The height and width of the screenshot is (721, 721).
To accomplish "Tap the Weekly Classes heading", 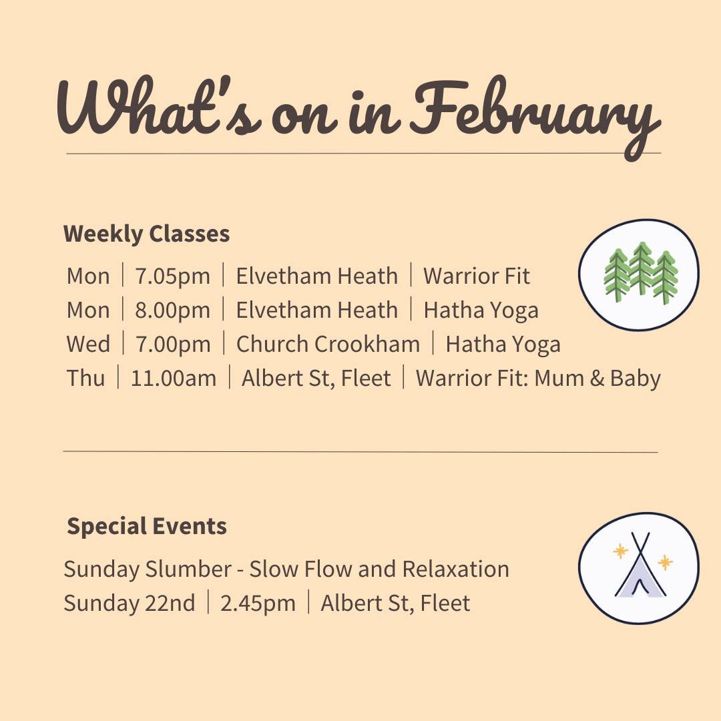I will pos(146,234).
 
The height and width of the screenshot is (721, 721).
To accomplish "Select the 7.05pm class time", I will pos(172,276).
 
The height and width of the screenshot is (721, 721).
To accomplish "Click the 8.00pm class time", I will pos(172,310).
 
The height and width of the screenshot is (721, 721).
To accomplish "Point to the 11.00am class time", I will pos(174,379).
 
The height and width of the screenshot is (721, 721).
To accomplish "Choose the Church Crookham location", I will pos(328,344).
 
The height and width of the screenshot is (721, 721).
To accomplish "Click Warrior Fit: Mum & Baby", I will pos(537,379).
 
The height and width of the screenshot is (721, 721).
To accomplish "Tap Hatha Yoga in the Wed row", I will pos(503,344).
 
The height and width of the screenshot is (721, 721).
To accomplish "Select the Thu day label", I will pos(85,379).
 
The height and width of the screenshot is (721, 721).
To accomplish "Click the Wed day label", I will pos(88,344).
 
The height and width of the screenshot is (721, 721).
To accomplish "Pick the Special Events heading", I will pos(147,527).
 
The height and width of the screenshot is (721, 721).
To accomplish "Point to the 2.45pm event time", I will pos(258,604).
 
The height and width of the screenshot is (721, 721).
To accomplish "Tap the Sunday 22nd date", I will pos(130,604).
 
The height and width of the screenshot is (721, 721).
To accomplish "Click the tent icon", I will pos(639,568).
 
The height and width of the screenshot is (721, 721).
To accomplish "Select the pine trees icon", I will pos(639,274).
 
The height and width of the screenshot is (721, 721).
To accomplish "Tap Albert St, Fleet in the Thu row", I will pos(316,379).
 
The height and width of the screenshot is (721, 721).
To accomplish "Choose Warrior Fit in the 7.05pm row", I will pos(477,276).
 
